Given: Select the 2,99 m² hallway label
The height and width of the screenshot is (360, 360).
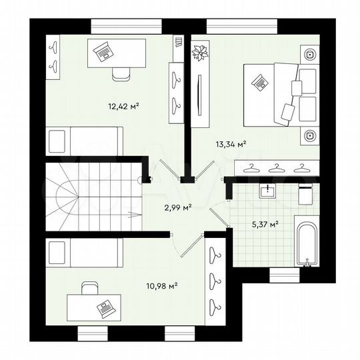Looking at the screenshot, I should click(x=178, y=207).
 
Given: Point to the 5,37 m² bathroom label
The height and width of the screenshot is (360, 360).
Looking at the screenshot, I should click(x=265, y=224).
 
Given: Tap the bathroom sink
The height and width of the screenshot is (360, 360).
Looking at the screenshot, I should click(x=268, y=191).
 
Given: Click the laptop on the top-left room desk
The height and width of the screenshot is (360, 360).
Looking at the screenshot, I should click(x=103, y=50).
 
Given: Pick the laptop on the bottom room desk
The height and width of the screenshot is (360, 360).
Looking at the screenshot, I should click(x=104, y=307).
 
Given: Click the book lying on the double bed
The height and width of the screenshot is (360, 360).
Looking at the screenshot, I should click(x=259, y=82).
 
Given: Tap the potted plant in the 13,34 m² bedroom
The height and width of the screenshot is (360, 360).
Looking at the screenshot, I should click(x=200, y=53).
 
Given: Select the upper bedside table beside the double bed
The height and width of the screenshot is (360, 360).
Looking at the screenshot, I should click(x=309, y=54).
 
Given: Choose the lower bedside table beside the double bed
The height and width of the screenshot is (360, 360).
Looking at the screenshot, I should click(x=309, y=135).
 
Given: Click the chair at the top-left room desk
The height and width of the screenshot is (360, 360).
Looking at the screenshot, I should click(x=121, y=73).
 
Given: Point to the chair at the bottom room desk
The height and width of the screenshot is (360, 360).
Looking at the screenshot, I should click(x=89, y=287).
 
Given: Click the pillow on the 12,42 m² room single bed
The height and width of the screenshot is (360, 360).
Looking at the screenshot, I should click(x=57, y=141).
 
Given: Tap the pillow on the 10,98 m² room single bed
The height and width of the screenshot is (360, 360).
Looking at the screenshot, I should click(x=57, y=253).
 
